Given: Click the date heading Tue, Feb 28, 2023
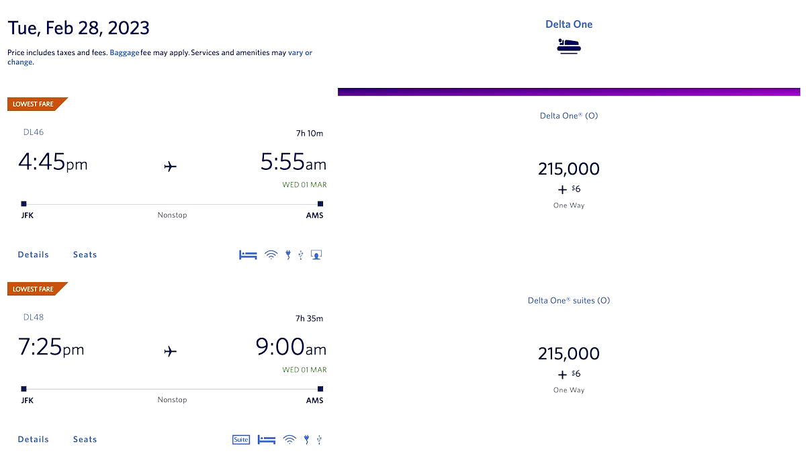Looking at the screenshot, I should [79, 28].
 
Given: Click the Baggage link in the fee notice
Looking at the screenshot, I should [124, 52].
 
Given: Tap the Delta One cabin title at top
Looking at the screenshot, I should [568, 24].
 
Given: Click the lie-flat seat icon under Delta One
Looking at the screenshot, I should [568, 46].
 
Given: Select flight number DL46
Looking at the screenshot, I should [34, 132].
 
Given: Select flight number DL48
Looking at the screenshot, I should [34, 317].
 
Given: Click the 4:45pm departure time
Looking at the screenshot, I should [52, 163].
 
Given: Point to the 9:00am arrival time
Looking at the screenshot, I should [290, 347].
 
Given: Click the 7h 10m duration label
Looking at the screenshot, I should [309, 133].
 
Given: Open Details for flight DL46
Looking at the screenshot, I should [34, 255].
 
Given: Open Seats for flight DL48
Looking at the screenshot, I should [85, 439].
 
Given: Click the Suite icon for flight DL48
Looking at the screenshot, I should [240, 440].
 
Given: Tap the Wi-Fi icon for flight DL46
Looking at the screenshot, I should [271, 255].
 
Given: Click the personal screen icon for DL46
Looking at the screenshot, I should [316, 255].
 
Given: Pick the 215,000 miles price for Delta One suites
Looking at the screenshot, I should [568, 353].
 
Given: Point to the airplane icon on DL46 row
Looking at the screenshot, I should [171, 166].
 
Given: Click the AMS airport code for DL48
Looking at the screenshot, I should [314, 400].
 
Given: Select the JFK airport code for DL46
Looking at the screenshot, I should [27, 216].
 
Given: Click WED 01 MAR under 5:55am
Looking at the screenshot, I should [304, 185].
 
